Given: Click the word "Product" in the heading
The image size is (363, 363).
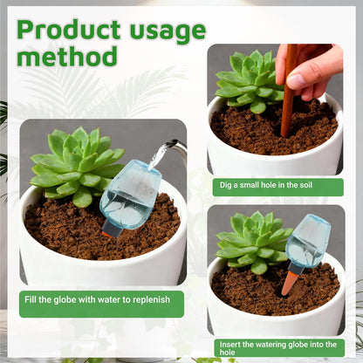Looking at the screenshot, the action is coord(69,30).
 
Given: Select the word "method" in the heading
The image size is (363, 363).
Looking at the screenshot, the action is coord(67,56).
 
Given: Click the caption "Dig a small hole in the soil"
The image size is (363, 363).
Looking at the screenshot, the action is coord(266,185).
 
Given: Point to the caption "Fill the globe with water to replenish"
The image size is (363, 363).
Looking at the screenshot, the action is coord(97,299).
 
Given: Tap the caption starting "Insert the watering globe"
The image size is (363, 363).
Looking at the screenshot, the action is coord(278,348).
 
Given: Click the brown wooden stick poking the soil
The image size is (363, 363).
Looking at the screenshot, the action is coord(290,90).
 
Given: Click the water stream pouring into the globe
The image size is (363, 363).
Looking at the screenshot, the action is coord(159,156).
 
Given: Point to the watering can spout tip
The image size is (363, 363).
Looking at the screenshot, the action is coord(174,142).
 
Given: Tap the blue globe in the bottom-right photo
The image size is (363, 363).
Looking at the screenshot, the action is coord(308,242).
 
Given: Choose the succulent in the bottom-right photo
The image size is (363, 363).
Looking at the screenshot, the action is coord(252,243).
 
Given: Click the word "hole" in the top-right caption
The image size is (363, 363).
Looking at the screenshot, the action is coord(272,185).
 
